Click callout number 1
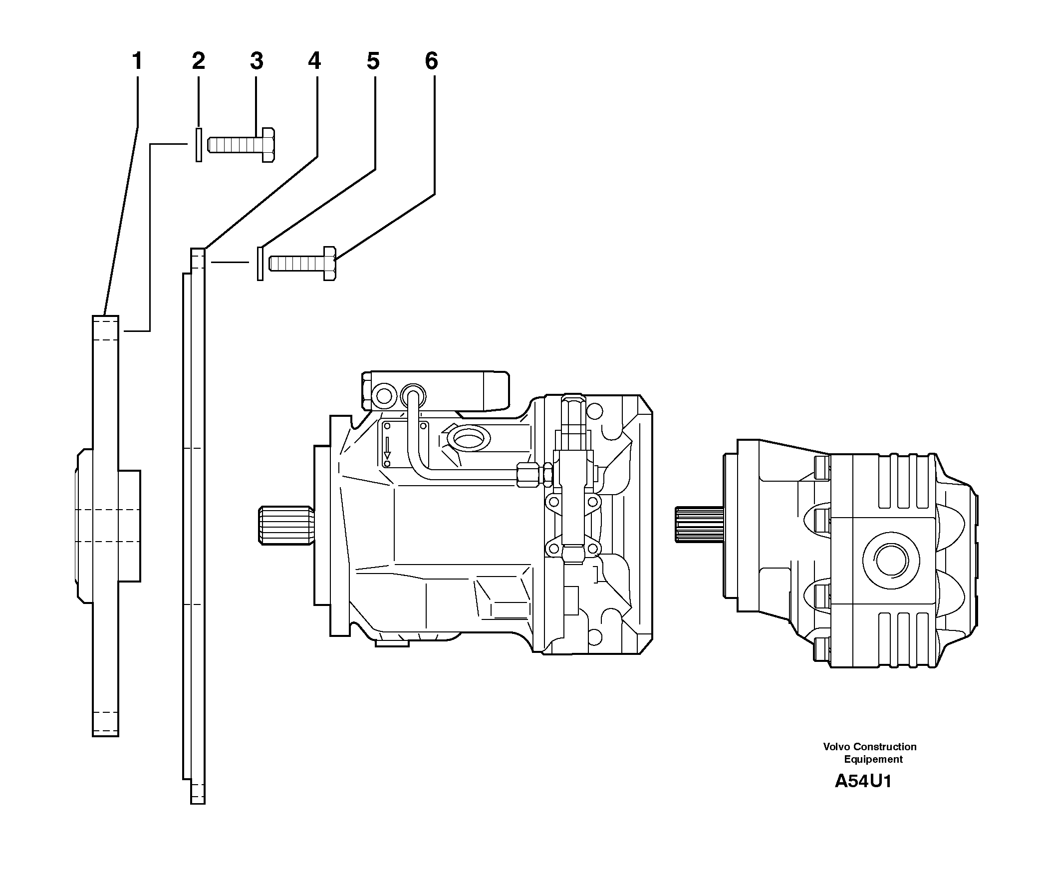point(137,62)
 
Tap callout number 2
point(198,62)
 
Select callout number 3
point(257,62)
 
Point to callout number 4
point(314,62)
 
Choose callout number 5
point(373,62)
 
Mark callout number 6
point(431,62)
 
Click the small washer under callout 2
point(199,145)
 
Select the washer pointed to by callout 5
point(260,263)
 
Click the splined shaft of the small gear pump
point(698,525)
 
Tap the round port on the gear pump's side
point(891,559)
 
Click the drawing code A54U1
point(863,782)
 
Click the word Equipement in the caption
point(873,760)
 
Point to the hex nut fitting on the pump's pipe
point(528,474)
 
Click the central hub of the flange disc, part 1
point(108,526)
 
